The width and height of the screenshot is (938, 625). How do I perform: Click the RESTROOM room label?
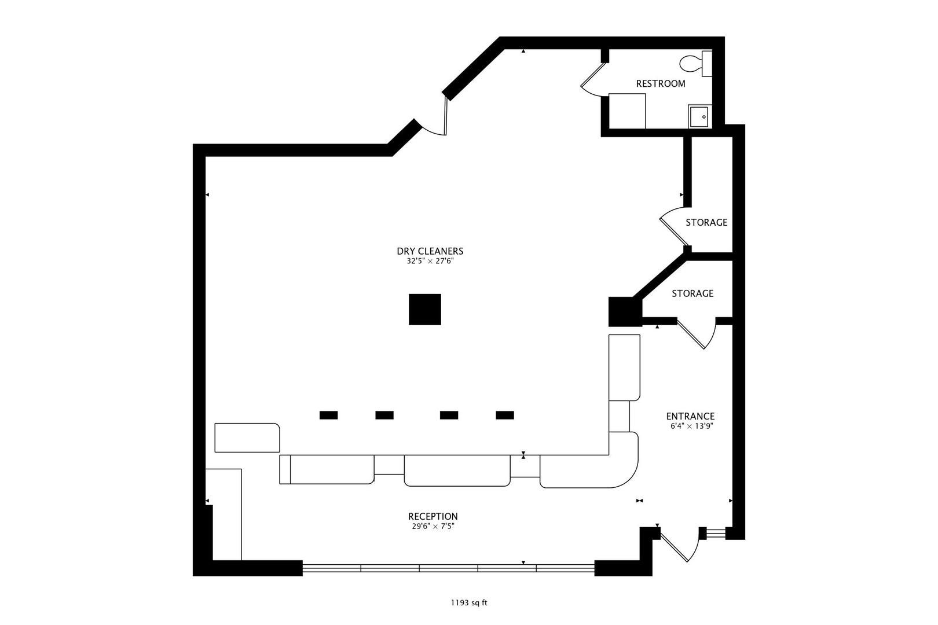tap(661, 84)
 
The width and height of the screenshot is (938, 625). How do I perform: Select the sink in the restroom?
tap(699, 116)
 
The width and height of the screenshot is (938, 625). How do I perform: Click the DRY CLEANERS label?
tap(430, 251)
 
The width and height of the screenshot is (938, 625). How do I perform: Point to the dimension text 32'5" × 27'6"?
tap(430, 261)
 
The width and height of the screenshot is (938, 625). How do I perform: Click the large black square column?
tap(424, 310)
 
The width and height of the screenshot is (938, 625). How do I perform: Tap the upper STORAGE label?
tap(706, 222)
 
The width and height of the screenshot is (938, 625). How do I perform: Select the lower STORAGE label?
tap(692, 293)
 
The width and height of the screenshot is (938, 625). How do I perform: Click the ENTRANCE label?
tap(691, 416)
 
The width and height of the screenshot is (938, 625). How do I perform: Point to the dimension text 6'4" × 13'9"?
tap(691, 426)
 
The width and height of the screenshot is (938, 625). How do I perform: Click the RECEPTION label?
tap(433, 516)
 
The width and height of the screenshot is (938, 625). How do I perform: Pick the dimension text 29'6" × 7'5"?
tap(433, 526)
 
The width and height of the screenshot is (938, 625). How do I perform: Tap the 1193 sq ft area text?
tap(469, 603)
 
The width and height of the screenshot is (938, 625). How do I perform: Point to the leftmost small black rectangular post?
tap(328, 415)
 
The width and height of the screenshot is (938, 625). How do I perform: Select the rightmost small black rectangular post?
tap(504, 415)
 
